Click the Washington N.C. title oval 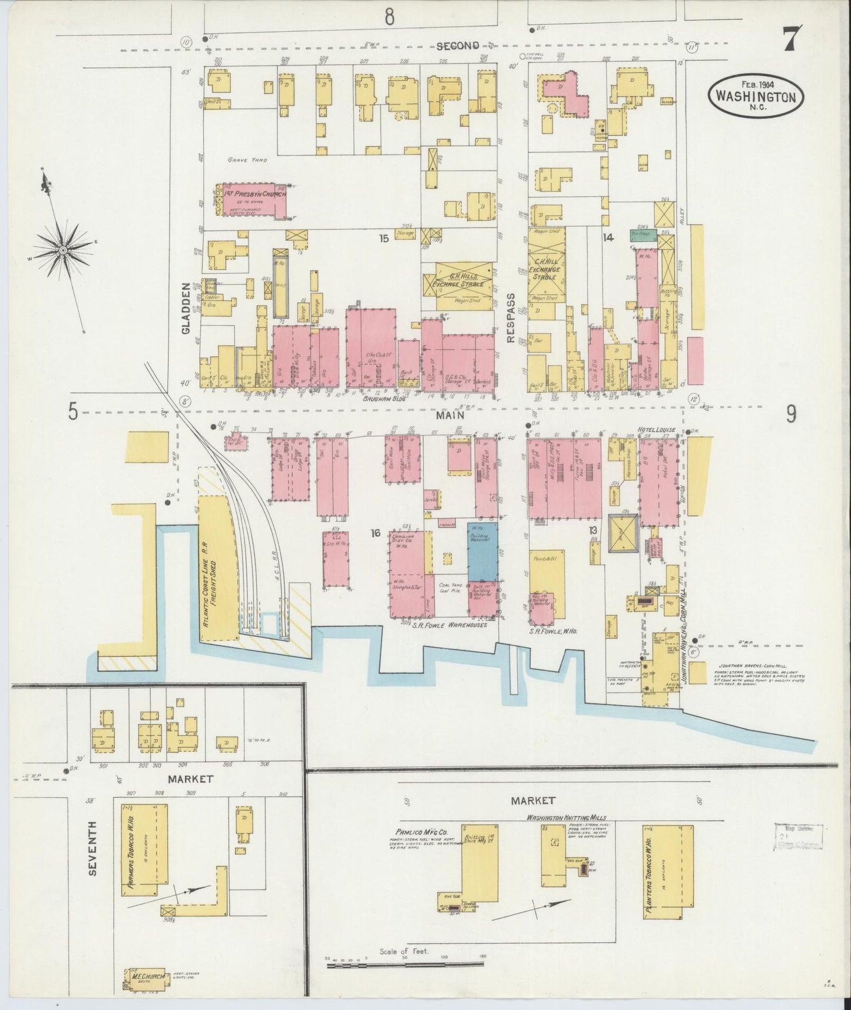point(757,95)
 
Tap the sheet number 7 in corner point(790,40)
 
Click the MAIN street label point(450,415)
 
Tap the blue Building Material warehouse point(483,551)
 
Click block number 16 point(375,533)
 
